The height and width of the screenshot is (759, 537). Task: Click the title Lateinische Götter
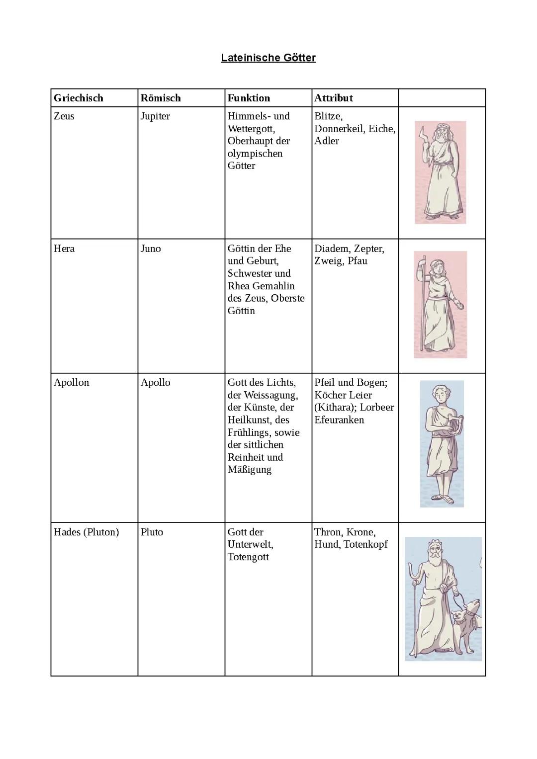point(268,58)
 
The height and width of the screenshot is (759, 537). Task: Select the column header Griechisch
point(79,98)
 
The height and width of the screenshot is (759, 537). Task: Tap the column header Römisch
point(161,98)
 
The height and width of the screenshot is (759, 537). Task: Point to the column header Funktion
point(249,98)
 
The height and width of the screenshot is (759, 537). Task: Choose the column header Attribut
point(333,98)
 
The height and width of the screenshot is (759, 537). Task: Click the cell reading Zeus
point(64,116)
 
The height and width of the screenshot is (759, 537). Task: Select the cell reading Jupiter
point(155,116)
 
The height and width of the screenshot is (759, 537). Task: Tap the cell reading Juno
point(151,249)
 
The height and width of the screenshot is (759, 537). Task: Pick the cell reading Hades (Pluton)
point(87,532)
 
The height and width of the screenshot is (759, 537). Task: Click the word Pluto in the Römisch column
point(152,532)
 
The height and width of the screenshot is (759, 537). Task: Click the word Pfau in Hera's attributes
point(358,261)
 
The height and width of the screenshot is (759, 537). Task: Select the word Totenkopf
point(365,544)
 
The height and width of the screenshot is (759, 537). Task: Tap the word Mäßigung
point(250,470)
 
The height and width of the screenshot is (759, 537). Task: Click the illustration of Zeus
point(441,172)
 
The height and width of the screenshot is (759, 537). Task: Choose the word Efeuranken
point(339,420)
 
